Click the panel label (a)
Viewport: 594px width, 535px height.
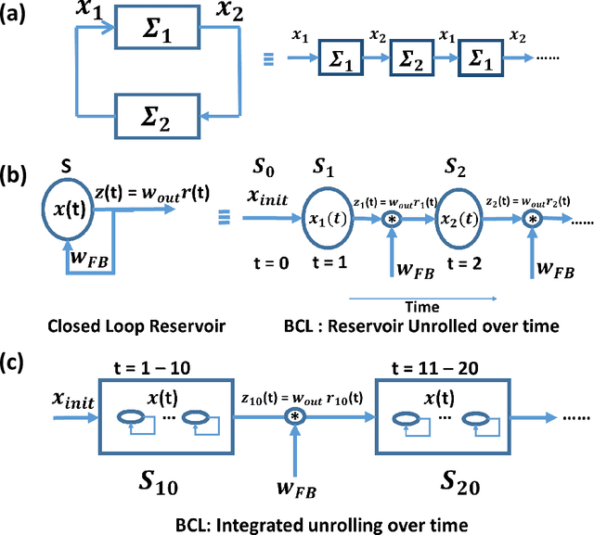21,17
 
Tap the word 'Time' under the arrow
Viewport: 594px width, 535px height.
417,305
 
